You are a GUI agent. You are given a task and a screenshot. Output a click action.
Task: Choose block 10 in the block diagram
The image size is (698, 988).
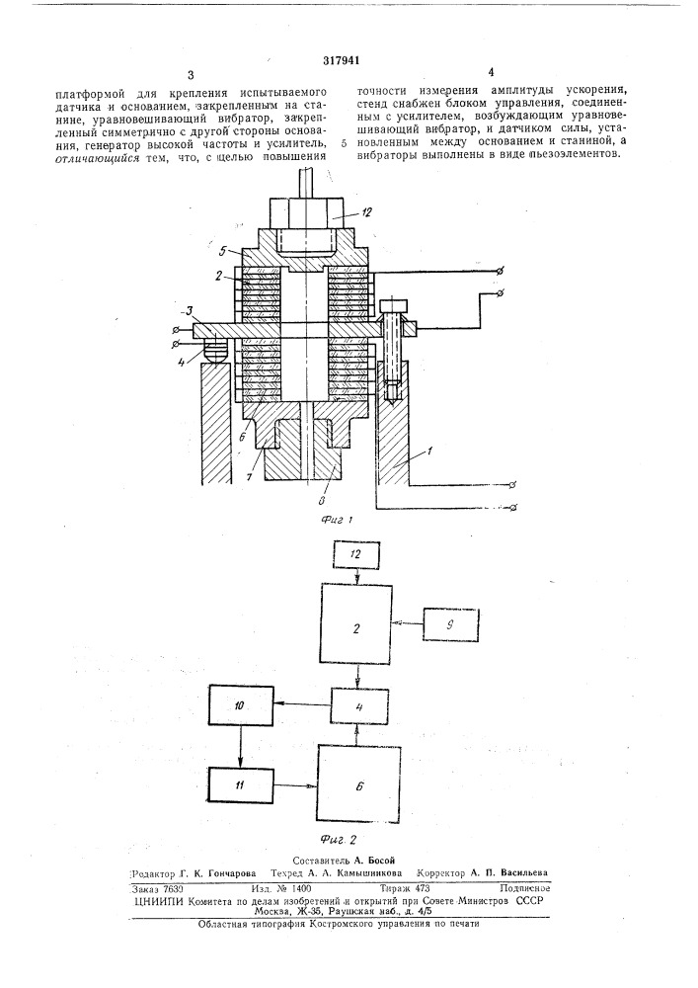(x=241, y=707)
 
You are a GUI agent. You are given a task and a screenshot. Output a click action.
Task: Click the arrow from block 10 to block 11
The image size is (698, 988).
(x=241, y=747)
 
